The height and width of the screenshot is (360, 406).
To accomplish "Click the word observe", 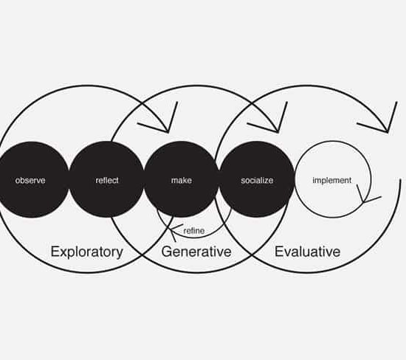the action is [x=30, y=181].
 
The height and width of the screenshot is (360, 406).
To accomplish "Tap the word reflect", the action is [x=107, y=180].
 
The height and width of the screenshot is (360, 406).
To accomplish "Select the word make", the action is [x=182, y=181].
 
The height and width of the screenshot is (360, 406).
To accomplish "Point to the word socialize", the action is [x=257, y=181].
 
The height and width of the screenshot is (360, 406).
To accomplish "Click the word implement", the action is [x=332, y=181].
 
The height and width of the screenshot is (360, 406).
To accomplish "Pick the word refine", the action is [x=194, y=231].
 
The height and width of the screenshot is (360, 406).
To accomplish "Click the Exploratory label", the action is [x=87, y=252].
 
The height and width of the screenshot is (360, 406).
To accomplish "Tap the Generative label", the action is [x=196, y=252].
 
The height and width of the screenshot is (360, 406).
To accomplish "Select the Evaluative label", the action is [x=307, y=252].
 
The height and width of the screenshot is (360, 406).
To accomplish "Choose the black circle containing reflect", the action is [x=107, y=179].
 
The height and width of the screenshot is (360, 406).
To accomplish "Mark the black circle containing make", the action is [x=182, y=179].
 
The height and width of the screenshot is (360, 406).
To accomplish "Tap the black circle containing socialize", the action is [x=257, y=179].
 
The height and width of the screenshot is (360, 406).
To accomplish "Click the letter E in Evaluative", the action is [x=278, y=252].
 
